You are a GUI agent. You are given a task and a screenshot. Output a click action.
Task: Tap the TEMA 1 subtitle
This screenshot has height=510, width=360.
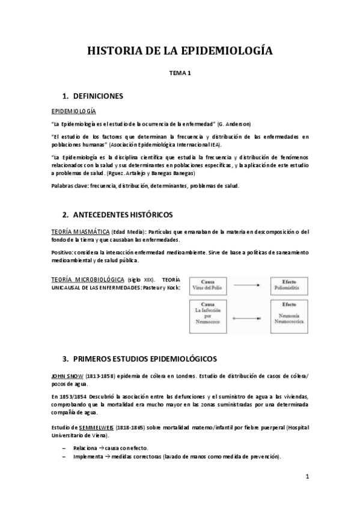tap(180, 74)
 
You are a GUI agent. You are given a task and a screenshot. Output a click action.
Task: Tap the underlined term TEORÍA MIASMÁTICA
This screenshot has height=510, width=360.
tap(80, 232)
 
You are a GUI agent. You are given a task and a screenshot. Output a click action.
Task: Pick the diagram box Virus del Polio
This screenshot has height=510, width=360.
tap(208, 285)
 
